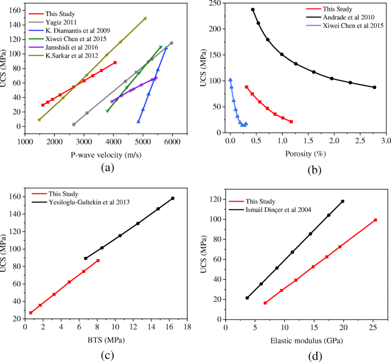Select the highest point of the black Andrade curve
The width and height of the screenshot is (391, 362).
click(253, 10)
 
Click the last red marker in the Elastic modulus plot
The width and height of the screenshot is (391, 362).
click(375, 220)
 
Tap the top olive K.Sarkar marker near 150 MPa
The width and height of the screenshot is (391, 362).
click(145, 18)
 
